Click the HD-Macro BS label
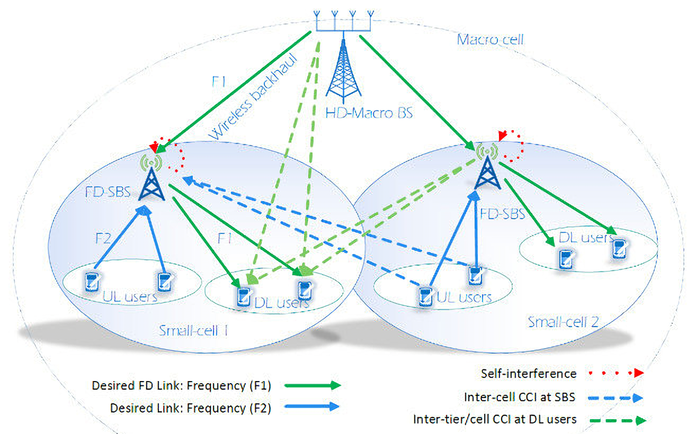pos(369,113)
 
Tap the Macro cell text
pos(490,40)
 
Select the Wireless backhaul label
pos(252,97)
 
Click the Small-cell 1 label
pos(193,331)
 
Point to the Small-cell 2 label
pos(563,322)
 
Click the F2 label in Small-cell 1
pos(103,239)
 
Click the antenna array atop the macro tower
pos(343,20)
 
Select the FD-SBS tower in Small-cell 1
pos(152,184)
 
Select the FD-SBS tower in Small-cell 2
pos(488,172)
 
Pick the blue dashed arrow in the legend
pos(615,398)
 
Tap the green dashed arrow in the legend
pos(618,421)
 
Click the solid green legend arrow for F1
pos(313,385)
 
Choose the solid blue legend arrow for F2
pos(312,407)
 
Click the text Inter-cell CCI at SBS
pos(519,397)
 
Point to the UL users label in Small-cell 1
pos(130,297)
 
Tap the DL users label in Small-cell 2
pos(587,238)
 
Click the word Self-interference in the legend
pos(528,374)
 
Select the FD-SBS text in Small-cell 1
pos(108,192)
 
